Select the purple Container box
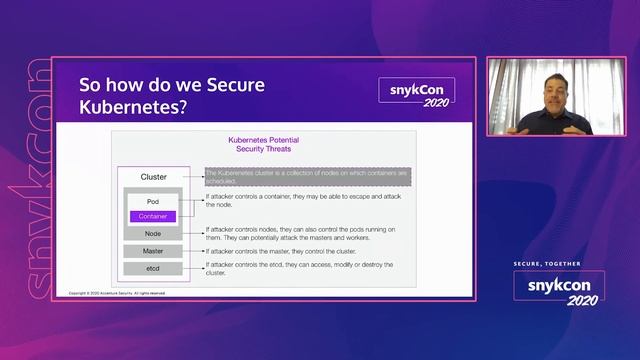(152, 216)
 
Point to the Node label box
(152, 233)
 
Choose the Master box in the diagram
(152, 251)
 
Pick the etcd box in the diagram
(152, 268)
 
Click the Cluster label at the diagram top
(153, 177)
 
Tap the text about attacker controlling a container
(300, 203)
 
